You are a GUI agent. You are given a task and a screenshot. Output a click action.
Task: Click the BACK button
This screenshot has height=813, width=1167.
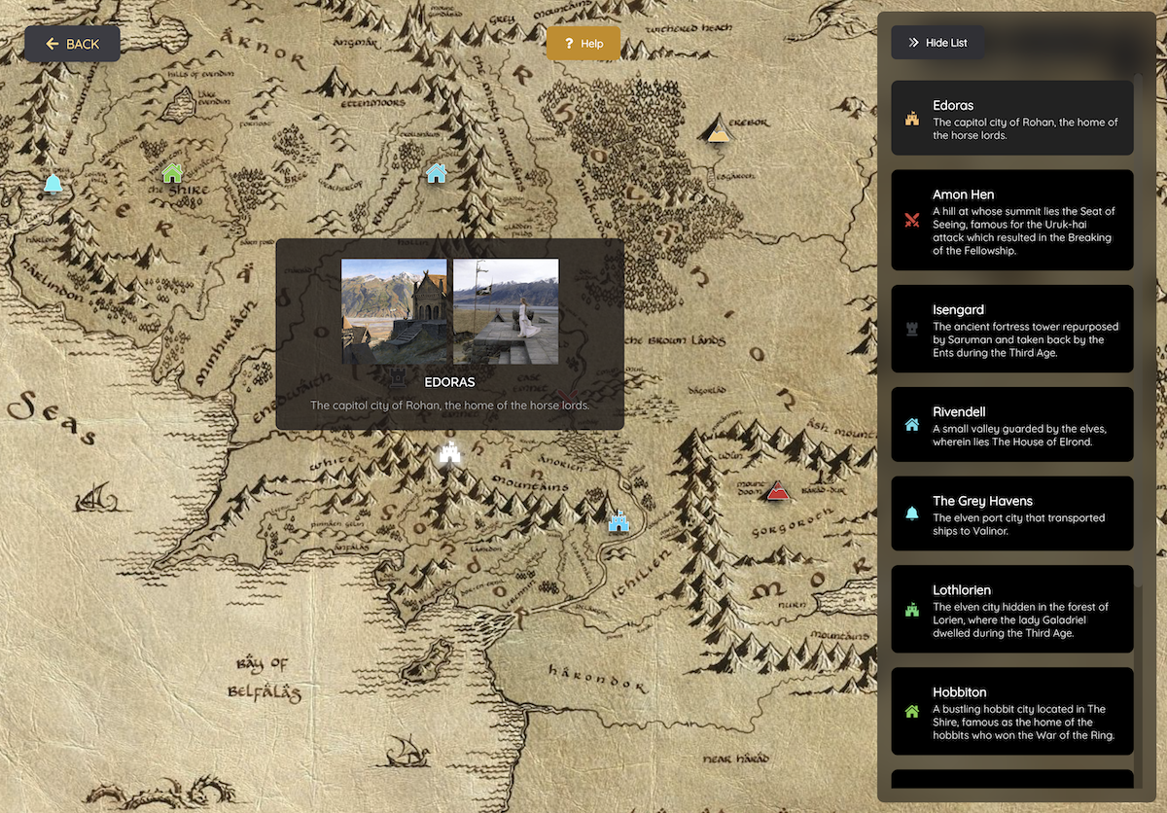pyautogui.click(x=73, y=44)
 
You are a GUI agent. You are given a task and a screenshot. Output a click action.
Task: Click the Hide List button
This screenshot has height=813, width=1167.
pyautogui.click(x=937, y=43)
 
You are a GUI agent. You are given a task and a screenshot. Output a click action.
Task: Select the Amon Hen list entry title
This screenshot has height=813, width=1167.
pyautogui.click(x=963, y=194)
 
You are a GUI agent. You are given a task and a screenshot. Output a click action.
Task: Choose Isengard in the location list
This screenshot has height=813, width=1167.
pyautogui.click(x=958, y=309)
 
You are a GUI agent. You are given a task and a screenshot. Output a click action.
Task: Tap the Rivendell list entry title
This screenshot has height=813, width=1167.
pyautogui.click(x=959, y=411)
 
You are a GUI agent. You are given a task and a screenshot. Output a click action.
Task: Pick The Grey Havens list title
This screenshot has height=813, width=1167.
pyautogui.click(x=982, y=501)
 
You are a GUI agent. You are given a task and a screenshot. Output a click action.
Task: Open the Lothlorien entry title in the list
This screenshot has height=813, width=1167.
pyautogui.click(x=962, y=589)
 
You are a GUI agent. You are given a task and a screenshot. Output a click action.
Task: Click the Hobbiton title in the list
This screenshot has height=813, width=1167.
pyautogui.click(x=959, y=691)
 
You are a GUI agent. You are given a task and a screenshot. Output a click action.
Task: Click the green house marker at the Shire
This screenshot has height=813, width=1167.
pyautogui.click(x=172, y=173)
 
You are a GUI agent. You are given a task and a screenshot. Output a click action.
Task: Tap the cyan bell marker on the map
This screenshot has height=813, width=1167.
pyautogui.click(x=53, y=183)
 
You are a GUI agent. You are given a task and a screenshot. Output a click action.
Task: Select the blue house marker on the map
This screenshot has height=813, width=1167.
pyautogui.click(x=436, y=173)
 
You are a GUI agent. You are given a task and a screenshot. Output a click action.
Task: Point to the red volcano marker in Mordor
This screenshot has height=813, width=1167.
pyautogui.click(x=777, y=492)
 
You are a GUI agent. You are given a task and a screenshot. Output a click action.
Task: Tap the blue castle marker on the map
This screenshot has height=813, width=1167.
pyautogui.click(x=619, y=521)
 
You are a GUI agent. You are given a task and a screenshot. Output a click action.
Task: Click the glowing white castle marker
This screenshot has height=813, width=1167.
pyautogui.click(x=449, y=452)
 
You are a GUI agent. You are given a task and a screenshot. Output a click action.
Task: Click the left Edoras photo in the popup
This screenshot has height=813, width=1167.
pyautogui.click(x=394, y=311)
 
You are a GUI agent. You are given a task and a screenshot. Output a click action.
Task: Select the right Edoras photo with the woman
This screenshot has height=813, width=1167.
pyautogui.click(x=506, y=311)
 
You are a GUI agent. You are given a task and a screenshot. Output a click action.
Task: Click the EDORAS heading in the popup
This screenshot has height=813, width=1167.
pyautogui.click(x=449, y=382)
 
